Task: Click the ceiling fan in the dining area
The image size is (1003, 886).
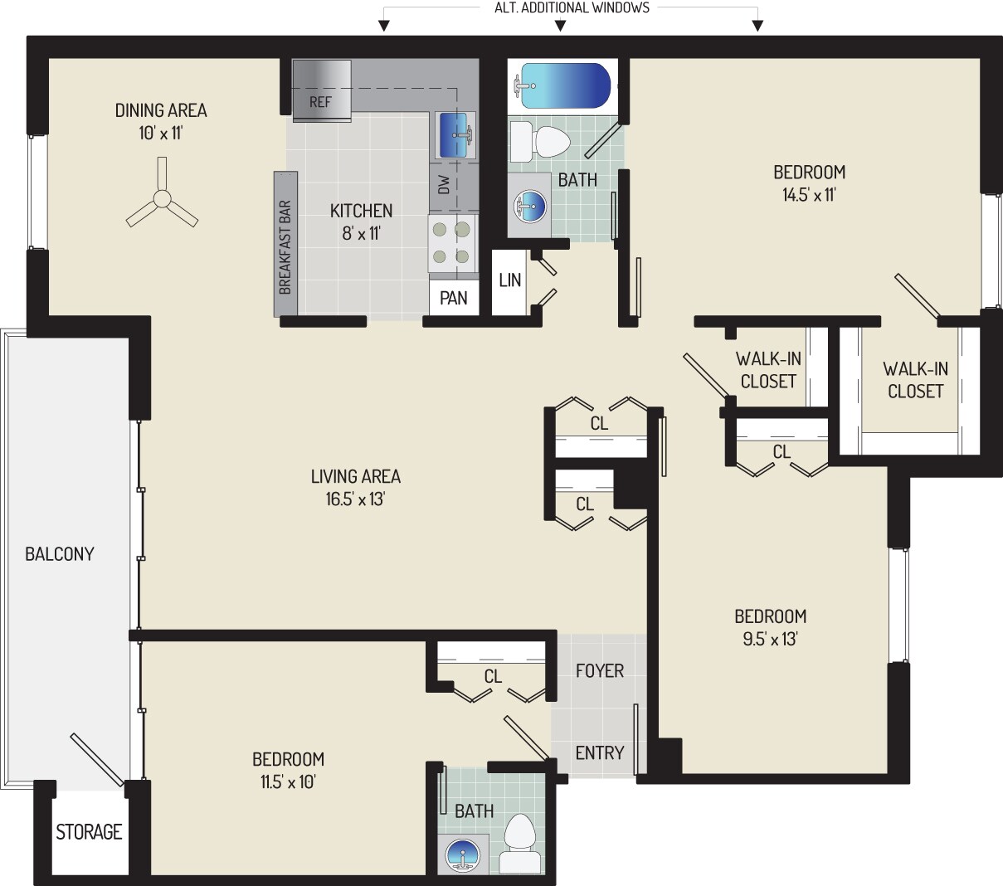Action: point(162,199)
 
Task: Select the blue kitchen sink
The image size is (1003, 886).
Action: point(454,135)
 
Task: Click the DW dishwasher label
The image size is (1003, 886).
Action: point(443,184)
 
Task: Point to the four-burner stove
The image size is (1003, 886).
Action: point(453,243)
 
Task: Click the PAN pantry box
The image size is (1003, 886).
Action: point(453,298)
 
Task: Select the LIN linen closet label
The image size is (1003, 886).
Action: point(509,280)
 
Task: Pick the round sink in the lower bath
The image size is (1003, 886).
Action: point(460,854)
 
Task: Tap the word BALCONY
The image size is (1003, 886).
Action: point(60,554)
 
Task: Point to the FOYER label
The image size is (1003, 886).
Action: point(599,670)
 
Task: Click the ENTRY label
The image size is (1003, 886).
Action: point(599,752)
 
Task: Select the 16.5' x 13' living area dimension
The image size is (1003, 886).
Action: point(356,500)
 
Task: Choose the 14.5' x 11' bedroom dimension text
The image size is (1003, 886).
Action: point(809,196)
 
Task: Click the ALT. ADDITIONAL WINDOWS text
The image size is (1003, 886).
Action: point(572,8)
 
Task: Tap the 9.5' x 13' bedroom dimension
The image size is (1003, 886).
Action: point(770,640)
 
